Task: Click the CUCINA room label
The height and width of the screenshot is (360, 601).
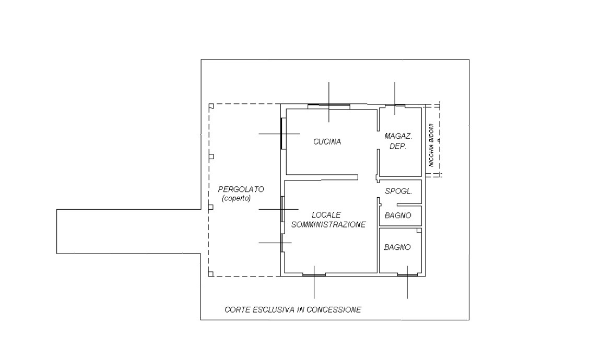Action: pos(327,141)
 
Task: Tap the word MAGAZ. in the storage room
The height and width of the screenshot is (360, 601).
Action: pos(398,136)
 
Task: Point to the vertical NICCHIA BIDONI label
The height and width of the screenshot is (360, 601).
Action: pos(431,145)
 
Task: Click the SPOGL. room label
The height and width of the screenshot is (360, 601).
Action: pos(398,191)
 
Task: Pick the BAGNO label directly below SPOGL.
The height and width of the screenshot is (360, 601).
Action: pos(397,215)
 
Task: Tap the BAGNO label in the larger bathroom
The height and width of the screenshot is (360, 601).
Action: pos(397,247)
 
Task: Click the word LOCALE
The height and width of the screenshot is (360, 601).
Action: pos(326,214)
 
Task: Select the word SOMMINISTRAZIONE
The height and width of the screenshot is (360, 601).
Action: pos(328,224)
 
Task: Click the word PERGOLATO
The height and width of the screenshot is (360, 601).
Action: pos(241,189)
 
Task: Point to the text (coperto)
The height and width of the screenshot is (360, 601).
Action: pos(236,199)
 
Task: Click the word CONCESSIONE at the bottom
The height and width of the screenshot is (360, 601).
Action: pos(338,310)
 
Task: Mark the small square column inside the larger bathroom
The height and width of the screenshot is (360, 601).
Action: pos(419,231)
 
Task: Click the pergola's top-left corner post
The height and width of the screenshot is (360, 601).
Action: pos(211,106)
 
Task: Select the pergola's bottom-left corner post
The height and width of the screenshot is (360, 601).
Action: pos(211,273)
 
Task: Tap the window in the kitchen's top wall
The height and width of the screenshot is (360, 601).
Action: pos(328,106)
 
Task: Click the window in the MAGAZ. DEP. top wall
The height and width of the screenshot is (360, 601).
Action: pos(395,106)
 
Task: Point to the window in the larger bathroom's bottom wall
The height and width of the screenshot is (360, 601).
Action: pos(407,274)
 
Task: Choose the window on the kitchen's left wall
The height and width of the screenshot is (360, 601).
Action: pos(283,133)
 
